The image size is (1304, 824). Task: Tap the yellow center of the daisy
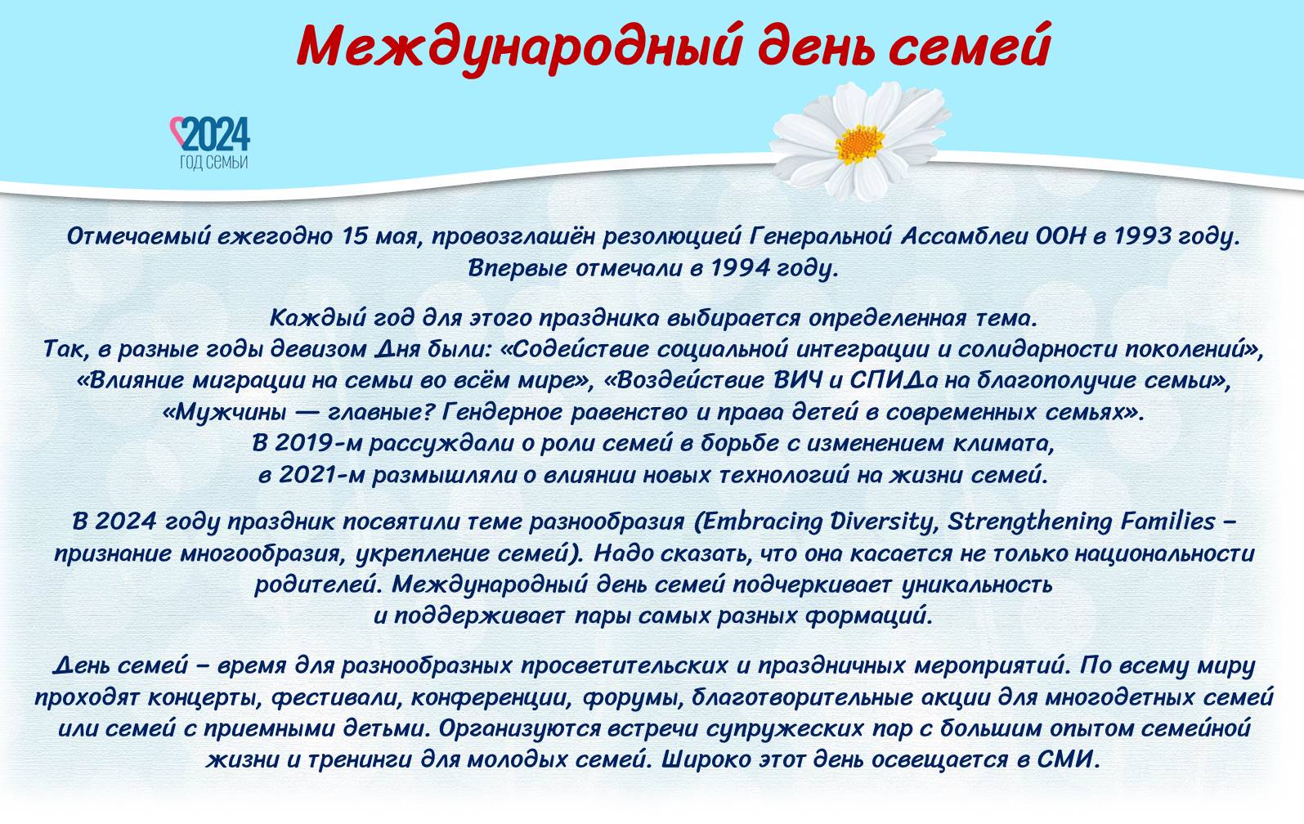pos(859,143)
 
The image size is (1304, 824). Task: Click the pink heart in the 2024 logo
pos(177,132)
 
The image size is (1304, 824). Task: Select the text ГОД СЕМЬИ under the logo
pos(213,163)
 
